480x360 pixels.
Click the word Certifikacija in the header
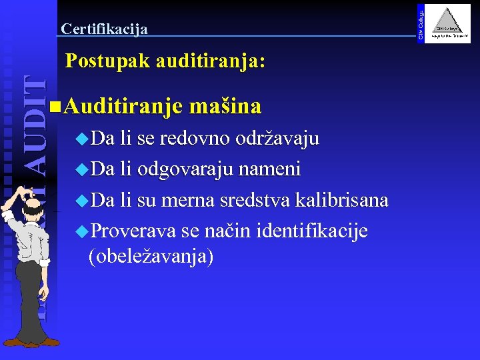coord(104,29)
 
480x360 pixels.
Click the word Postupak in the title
coord(107,62)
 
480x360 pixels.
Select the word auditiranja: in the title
coord(211,62)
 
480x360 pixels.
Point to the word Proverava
coord(133,231)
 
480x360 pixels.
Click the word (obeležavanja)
coord(151,257)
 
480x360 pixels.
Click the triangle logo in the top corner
coord(449,24)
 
